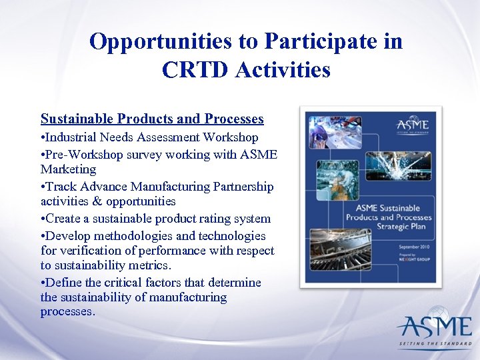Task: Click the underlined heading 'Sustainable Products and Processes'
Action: tap(152, 119)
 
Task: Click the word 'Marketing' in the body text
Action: tap(68, 169)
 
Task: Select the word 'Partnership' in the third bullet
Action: tap(241, 186)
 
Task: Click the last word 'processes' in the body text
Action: tap(67, 311)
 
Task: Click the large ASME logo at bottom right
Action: tap(434, 327)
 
